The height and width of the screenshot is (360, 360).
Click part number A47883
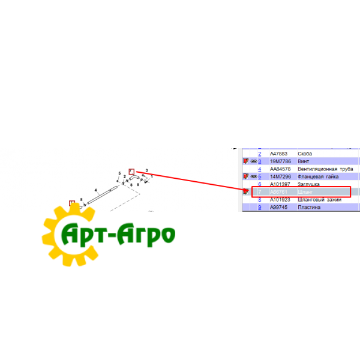279,154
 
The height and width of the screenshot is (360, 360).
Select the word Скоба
305,154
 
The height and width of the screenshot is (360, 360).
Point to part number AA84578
280,169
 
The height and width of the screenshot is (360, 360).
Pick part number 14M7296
280,177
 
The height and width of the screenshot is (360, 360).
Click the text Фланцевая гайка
319,177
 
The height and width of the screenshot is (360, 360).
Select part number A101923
280,200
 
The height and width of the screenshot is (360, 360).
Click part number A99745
279,208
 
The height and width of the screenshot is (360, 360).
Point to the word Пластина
310,208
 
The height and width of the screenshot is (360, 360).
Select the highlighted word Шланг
306,192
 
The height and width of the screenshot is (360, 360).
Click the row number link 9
260,208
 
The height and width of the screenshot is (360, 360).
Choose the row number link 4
260,169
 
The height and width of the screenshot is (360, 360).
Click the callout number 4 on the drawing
95,190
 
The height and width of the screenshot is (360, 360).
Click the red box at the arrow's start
132,170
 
